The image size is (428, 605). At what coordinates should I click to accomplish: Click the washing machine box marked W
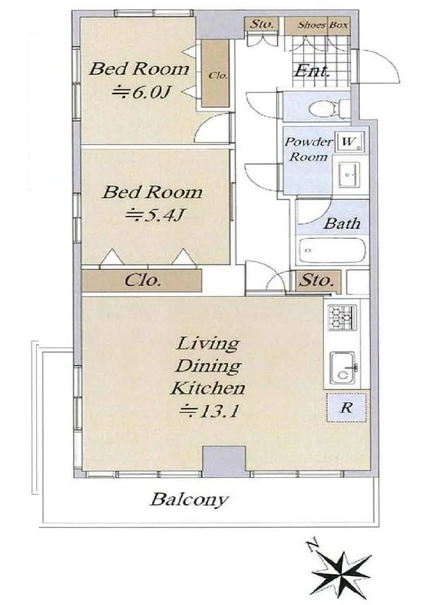tap(350, 142)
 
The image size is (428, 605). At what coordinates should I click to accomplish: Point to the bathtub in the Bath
tap(332, 251)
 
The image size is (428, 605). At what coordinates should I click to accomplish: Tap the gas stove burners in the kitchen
tap(342, 318)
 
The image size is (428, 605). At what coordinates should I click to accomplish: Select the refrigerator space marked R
tap(347, 408)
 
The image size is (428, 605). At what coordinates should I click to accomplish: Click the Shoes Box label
tap(323, 25)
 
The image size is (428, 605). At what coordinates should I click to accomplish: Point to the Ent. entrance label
tap(312, 71)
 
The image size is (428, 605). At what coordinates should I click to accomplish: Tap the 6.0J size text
tap(142, 93)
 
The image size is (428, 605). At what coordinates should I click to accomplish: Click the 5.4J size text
tap(155, 215)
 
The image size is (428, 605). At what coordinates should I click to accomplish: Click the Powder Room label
tap(308, 149)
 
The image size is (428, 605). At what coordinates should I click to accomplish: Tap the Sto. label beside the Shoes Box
tap(261, 25)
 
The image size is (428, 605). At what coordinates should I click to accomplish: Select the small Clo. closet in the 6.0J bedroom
tap(216, 74)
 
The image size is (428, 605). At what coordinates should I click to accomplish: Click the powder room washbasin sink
tap(349, 174)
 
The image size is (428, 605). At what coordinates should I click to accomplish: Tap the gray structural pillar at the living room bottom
tap(224, 462)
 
